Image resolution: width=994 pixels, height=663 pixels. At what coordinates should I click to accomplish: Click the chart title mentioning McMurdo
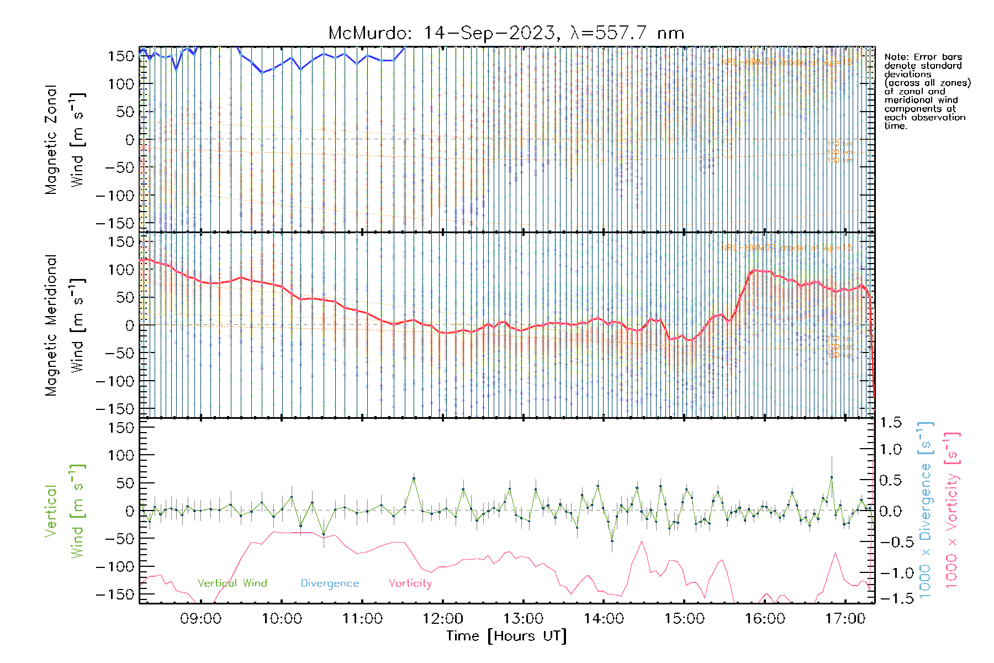click(x=506, y=33)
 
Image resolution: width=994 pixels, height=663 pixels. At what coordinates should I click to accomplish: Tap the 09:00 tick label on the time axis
click(x=200, y=619)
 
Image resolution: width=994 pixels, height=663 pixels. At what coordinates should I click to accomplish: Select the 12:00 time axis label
click(x=442, y=619)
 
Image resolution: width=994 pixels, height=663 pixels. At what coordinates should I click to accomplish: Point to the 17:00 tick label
click(x=845, y=619)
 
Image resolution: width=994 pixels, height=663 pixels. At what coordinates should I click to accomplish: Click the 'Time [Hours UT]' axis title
click(x=506, y=636)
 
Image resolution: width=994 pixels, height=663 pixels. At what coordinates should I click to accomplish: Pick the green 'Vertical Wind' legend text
click(x=232, y=583)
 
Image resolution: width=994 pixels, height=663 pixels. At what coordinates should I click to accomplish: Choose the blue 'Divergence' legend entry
click(x=330, y=583)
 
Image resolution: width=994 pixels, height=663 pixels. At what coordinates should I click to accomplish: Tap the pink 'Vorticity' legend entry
click(x=410, y=583)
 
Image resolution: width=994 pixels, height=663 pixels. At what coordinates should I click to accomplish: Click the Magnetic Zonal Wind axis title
click(x=65, y=139)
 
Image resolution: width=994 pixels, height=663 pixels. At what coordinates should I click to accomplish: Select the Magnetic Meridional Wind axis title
click(x=65, y=325)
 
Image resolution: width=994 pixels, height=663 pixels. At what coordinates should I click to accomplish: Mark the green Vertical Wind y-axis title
click(x=65, y=511)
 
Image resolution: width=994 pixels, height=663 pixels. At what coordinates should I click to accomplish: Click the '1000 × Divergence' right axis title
click(x=926, y=511)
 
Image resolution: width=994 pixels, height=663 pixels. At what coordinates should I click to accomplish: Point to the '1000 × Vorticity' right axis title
click(x=952, y=511)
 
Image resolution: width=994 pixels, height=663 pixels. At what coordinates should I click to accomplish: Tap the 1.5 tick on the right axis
click(x=890, y=423)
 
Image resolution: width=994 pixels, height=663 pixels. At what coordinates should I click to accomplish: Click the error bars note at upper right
click(x=927, y=91)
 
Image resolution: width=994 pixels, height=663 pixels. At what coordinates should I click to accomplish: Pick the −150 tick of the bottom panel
click(x=115, y=594)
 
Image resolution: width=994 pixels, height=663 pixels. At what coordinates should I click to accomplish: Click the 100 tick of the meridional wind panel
click(x=121, y=270)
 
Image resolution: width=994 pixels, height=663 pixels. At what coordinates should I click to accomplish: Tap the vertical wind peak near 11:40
click(x=414, y=478)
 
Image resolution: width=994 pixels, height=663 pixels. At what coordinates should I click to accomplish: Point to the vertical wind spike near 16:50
click(x=832, y=477)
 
